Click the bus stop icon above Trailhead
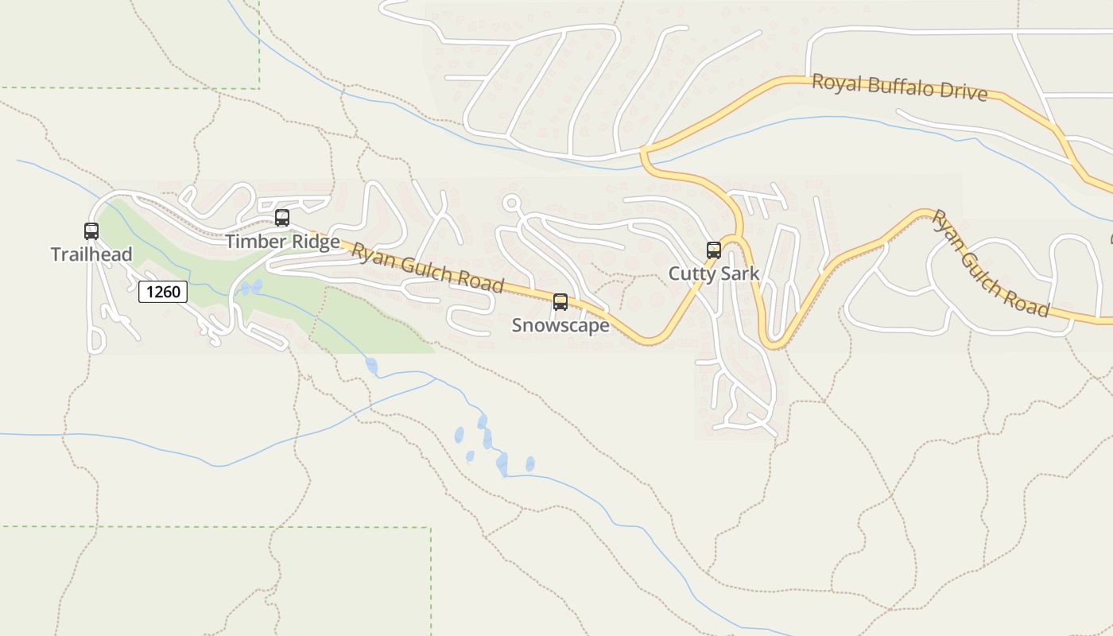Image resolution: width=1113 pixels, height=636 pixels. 91,231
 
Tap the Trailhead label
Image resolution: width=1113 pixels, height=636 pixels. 91,254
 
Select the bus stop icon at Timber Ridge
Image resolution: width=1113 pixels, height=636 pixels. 282,218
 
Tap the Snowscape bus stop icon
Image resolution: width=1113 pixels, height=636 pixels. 560,302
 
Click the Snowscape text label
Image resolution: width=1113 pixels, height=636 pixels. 560,325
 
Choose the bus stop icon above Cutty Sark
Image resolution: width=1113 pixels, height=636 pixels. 714,250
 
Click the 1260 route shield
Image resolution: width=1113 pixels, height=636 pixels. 163,292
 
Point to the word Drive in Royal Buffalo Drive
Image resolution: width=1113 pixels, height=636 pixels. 963,93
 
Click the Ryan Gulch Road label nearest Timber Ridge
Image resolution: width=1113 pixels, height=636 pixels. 428,267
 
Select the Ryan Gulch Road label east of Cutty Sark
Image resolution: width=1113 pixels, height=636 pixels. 991,263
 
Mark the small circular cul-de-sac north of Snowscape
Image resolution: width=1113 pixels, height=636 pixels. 511,203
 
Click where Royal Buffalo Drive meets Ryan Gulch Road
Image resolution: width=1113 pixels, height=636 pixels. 644,148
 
